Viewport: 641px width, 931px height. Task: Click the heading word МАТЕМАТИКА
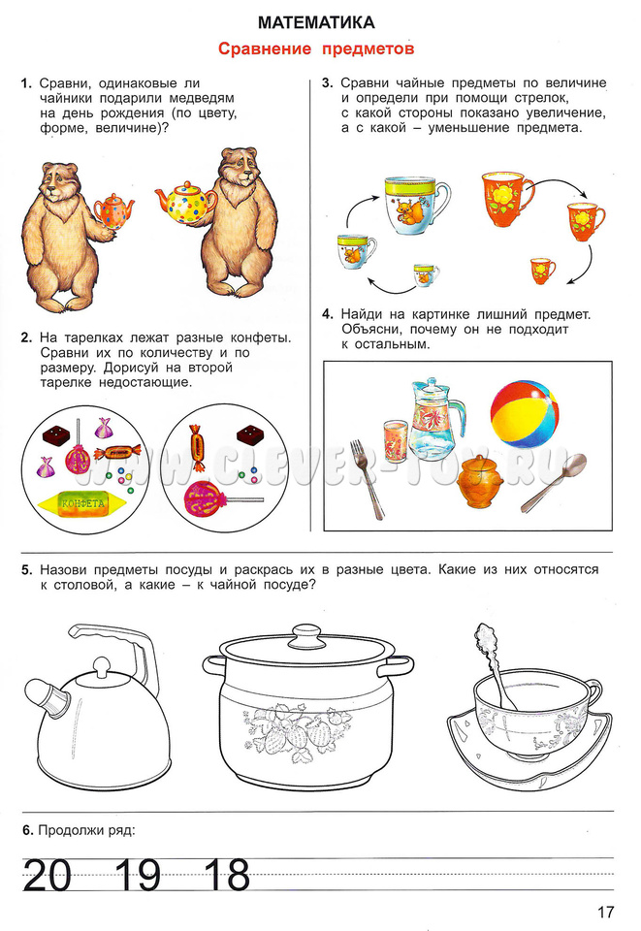(x=316, y=22)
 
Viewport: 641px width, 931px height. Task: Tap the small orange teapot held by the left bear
(x=113, y=210)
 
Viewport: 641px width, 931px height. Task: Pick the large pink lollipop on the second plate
(x=202, y=498)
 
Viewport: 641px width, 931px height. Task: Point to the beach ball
(x=525, y=414)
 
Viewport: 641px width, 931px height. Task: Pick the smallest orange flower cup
(x=542, y=271)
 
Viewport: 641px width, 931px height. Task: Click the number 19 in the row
(x=138, y=875)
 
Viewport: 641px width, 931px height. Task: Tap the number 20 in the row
(x=48, y=875)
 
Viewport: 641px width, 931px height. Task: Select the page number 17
(x=605, y=912)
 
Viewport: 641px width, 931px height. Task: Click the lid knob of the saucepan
(x=306, y=630)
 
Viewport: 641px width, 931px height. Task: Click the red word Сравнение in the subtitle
(x=265, y=48)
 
